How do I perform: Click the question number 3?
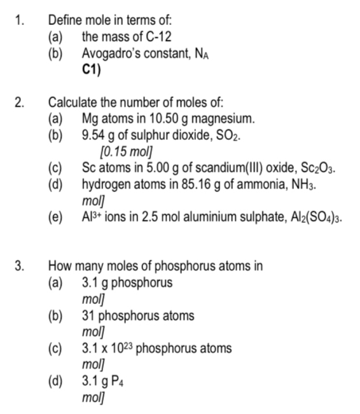pos(19,266)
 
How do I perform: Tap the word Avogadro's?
pos(109,53)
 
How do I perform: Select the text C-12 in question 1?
pos(158,37)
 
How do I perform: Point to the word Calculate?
pos(74,102)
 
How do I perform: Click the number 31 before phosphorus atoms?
pos(89,315)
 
